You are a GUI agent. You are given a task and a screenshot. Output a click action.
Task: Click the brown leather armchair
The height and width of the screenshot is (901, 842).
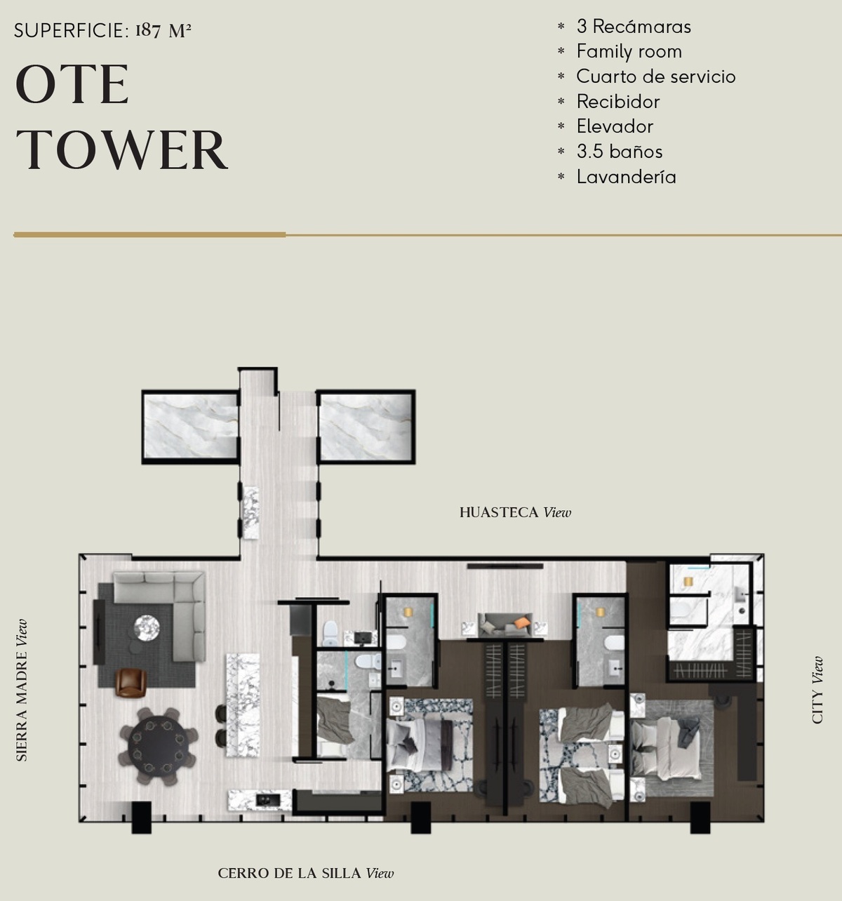pyautogui.click(x=131, y=683)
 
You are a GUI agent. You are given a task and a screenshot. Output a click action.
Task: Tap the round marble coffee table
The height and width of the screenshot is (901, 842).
pyautogui.click(x=147, y=628)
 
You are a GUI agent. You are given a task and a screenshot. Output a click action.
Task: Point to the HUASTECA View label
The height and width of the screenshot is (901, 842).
pyautogui.click(x=515, y=513)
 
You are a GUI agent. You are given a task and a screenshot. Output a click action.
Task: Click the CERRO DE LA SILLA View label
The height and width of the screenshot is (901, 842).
pyautogui.click(x=306, y=874)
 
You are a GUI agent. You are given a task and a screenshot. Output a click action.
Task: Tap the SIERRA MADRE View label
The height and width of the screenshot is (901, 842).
pyautogui.click(x=21, y=690)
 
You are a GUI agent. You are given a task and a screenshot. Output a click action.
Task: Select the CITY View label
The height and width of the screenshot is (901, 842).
pyautogui.click(x=817, y=690)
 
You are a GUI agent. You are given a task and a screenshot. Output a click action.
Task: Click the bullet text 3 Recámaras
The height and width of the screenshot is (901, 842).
pyautogui.click(x=634, y=27)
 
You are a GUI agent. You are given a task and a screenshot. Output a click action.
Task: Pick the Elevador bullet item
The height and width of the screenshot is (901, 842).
pyautogui.click(x=615, y=126)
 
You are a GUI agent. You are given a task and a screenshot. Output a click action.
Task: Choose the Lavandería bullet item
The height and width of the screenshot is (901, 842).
pyautogui.click(x=626, y=177)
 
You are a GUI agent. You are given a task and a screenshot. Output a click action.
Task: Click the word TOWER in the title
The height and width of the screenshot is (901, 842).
pyautogui.click(x=121, y=149)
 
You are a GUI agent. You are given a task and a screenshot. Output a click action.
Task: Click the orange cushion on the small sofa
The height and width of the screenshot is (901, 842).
pyautogui.click(x=522, y=622)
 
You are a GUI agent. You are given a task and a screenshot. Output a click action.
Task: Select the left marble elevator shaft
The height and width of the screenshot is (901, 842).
pyautogui.click(x=191, y=426)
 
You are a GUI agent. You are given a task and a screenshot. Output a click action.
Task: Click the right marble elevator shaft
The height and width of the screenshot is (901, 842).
pyautogui.click(x=366, y=426)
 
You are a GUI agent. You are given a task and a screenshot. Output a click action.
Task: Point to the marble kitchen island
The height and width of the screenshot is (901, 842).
pyautogui.click(x=243, y=705)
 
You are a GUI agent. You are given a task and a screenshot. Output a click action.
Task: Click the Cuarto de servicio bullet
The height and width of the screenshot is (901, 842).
pyautogui.click(x=655, y=76)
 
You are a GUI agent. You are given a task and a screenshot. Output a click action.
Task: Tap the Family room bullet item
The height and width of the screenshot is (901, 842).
pyautogui.click(x=629, y=52)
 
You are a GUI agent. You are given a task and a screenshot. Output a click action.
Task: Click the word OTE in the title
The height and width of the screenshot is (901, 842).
pyautogui.click(x=72, y=85)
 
